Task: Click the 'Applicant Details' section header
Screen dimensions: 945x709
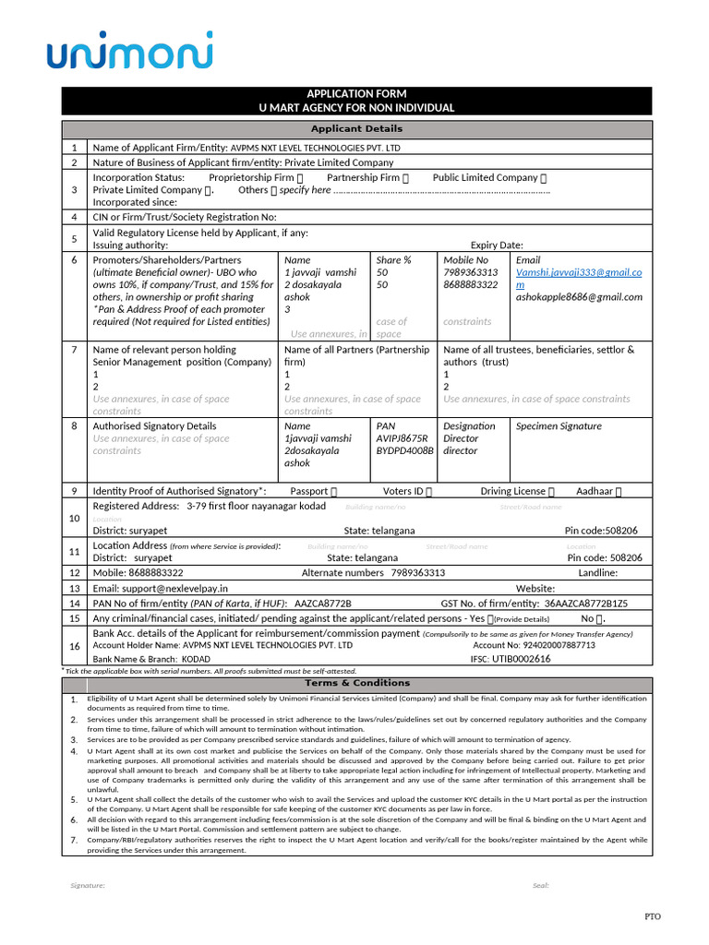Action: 356,129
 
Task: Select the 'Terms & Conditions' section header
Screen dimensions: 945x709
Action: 356,683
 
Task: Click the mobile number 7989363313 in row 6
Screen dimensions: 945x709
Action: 470,273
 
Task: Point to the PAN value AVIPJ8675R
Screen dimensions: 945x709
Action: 402,438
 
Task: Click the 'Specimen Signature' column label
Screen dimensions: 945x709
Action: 558,426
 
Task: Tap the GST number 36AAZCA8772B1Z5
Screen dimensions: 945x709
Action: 586,603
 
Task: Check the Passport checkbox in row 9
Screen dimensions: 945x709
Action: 334,492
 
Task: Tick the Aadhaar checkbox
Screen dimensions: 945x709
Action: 619,492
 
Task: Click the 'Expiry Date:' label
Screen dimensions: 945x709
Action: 497,245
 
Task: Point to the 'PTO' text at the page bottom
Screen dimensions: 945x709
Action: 652,916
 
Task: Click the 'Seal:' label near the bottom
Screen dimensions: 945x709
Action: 540,885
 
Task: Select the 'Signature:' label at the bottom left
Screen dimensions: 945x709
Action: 88,885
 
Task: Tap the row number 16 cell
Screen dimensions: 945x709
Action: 74,646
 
